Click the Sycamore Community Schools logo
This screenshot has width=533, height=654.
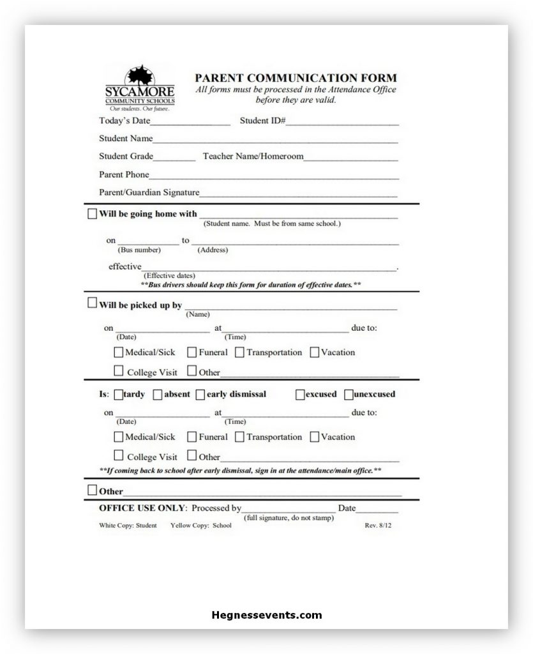(139, 88)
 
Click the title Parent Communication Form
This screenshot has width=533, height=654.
(296, 78)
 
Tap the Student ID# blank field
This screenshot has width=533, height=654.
(342, 121)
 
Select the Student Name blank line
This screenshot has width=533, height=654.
(275, 139)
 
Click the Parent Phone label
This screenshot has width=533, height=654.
(124, 174)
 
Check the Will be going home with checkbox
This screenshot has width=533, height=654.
(92, 214)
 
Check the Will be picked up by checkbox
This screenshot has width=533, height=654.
(92, 303)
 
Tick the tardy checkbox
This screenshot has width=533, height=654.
(119, 394)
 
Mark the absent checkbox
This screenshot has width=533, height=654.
(158, 394)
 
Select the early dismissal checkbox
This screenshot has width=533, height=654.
(200, 394)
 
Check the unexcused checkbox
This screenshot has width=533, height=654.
(349, 394)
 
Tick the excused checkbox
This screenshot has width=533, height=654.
(300, 394)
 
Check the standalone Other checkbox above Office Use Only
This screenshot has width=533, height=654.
(92, 490)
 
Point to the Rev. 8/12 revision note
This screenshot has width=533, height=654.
(378, 526)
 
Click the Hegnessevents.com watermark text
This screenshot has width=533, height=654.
(266, 616)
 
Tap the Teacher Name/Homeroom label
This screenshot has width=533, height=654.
(253, 156)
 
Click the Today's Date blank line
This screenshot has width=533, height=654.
(190, 121)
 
